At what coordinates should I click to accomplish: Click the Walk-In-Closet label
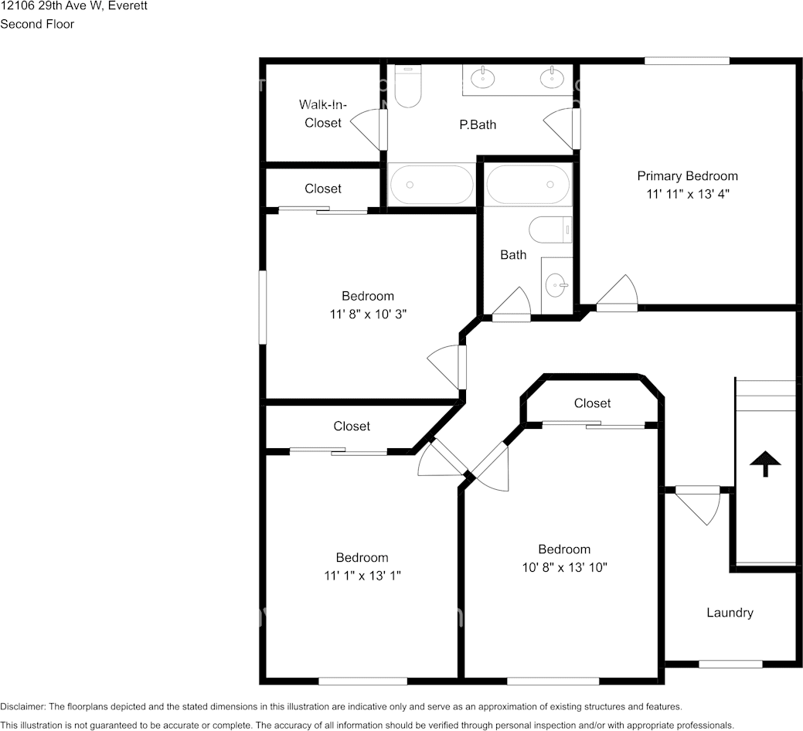tap(322, 114)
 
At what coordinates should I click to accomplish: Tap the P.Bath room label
tap(478, 125)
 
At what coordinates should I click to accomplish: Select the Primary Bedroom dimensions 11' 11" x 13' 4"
tap(688, 194)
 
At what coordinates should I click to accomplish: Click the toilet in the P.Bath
tap(407, 87)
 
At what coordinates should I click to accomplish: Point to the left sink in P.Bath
tap(482, 78)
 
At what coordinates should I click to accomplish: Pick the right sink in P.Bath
tap(552, 78)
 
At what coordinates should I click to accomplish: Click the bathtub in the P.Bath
tap(431, 185)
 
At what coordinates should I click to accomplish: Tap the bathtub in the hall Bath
tap(528, 185)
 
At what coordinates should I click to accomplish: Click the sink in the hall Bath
tap(556, 285)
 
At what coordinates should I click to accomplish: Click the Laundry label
tap(730, 613)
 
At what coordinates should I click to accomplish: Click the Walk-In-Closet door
tap(369, 128)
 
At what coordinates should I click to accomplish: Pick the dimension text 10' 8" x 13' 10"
tap(564, 568)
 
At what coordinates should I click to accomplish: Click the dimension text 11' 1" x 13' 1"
tap(362, 576)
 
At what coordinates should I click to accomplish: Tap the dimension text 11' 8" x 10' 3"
tap(368, 314)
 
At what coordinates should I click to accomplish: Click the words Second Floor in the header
tap(37, 24)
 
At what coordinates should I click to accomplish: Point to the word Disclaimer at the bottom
tap(22, 707)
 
